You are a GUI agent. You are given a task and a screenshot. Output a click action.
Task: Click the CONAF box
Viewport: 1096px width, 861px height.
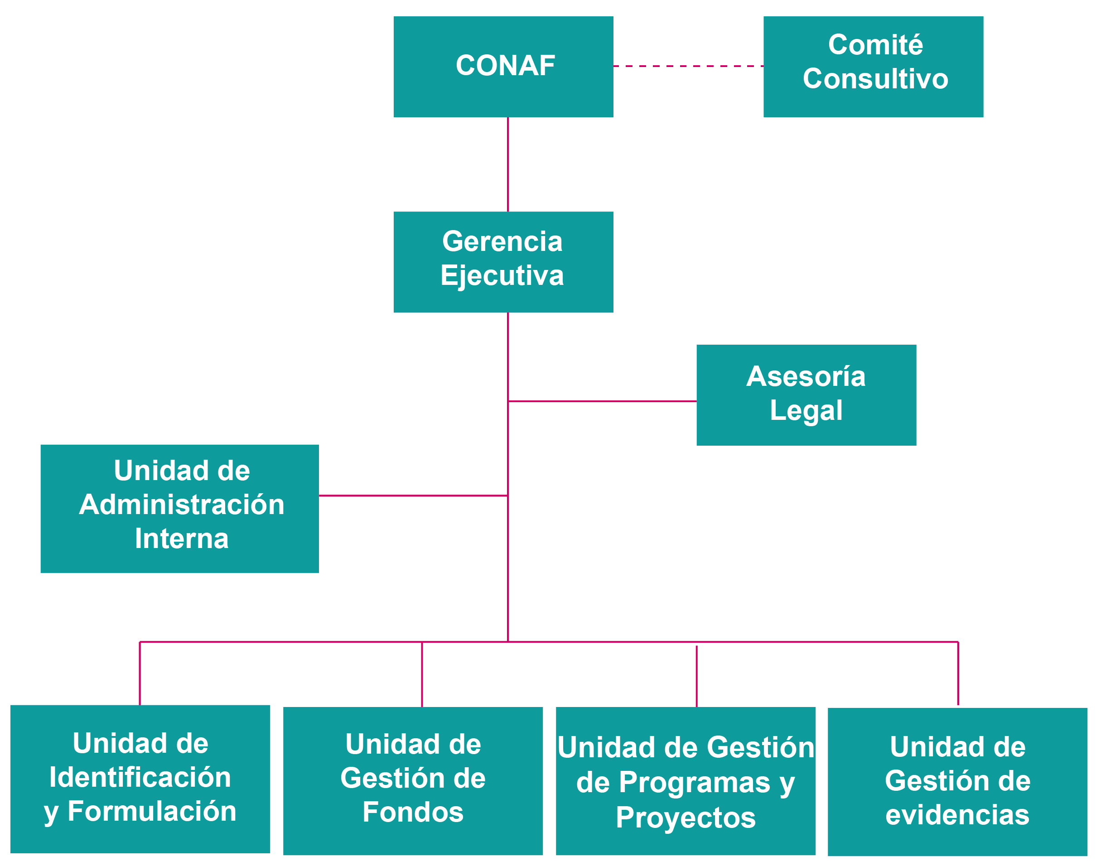[x=503, y=67]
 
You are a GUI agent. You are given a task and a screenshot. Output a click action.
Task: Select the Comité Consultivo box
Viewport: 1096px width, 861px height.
[x=873, y=67]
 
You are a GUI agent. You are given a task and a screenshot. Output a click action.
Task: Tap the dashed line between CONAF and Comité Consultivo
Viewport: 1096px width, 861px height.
[x=688, y=66]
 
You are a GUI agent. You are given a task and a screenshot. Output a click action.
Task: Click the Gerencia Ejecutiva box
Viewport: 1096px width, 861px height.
[x=503, y=262]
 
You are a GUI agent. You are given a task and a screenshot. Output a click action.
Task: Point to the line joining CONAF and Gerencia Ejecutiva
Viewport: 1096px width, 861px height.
[x=507, y=164]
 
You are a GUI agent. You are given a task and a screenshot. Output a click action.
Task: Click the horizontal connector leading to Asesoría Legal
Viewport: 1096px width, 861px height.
[x=603, y=401]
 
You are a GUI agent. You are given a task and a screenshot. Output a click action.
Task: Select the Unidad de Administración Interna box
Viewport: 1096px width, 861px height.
[x=179, y=509]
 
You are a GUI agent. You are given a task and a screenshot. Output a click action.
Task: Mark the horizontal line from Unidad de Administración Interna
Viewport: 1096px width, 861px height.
[x=413, y=495]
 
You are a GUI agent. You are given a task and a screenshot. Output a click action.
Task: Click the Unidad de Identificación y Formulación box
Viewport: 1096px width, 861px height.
[x=140, y=779]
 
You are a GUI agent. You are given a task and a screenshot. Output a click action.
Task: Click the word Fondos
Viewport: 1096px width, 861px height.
[x=413, y=812]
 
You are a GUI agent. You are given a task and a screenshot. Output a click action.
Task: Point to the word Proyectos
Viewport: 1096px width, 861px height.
[x=686, y=817]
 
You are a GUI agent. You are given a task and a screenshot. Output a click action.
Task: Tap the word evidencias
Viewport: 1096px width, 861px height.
[x=957, y=815]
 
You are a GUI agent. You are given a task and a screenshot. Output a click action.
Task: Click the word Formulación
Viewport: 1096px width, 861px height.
[x=152, y=811]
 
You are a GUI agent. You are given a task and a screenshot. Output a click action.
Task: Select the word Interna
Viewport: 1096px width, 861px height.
[x=182, y=539]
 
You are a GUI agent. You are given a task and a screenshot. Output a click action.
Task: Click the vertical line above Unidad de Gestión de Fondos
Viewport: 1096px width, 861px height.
[x=422, y=674]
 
